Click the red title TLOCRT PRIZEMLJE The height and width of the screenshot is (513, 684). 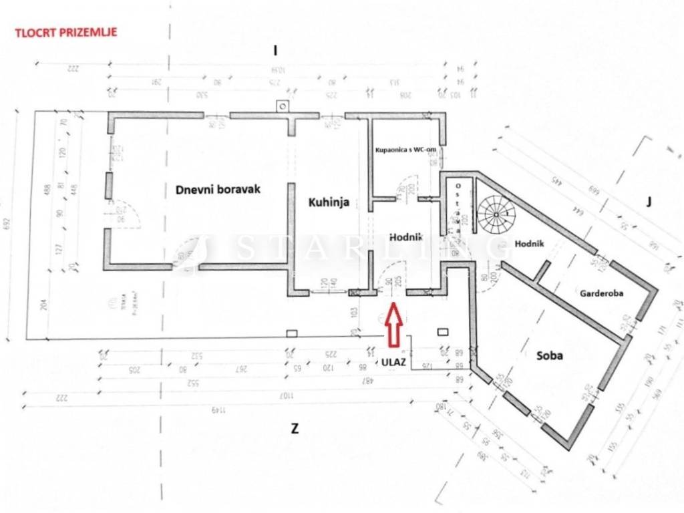click(x=65, y=31)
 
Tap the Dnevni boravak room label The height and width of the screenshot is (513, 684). click(x=218, y=190)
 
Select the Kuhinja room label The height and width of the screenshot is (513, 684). click(x=329, y=203)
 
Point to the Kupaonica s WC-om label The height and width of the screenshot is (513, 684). click(x=405, y=152)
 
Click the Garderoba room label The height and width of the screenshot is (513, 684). click(x=601, y=293)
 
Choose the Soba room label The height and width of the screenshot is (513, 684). click(x=550, y=355)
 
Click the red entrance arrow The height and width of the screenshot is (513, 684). click(x=393, y=325)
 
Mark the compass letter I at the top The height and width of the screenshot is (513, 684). click(x=275, y=50)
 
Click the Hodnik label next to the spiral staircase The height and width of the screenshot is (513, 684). click(x=530, y=244)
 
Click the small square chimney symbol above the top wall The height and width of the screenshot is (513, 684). click(x=283, y=106)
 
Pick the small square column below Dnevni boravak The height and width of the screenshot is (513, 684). click(x=291, y=333)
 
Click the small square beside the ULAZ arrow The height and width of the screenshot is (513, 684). click(x=442, y=331)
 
